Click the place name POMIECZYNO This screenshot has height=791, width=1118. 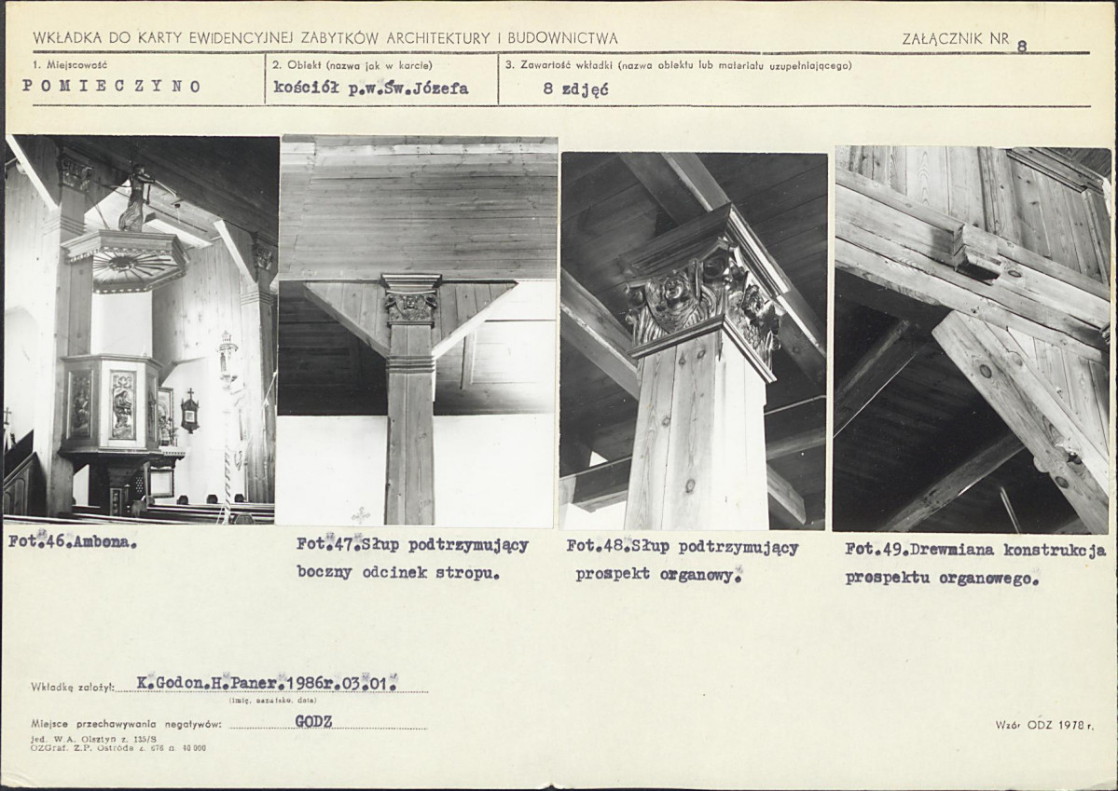112,87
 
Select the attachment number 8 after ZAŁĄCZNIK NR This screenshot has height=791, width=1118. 1023,47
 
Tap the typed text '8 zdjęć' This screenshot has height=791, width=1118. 575,90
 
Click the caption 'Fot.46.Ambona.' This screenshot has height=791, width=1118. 73,541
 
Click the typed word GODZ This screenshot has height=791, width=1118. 313,721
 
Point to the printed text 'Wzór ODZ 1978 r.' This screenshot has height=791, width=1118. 1044,726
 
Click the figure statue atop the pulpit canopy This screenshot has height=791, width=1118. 135,198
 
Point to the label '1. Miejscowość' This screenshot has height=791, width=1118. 70,65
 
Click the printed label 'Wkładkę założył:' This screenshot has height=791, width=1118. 73,688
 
